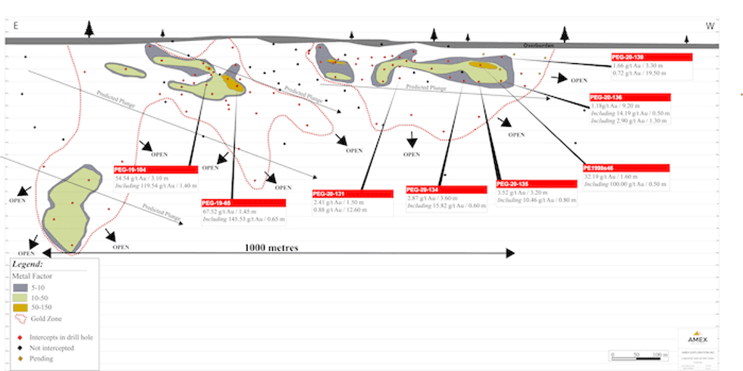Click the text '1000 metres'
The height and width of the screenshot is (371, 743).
pos(271,248)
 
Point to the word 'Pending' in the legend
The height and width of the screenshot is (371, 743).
pos(42,357)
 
